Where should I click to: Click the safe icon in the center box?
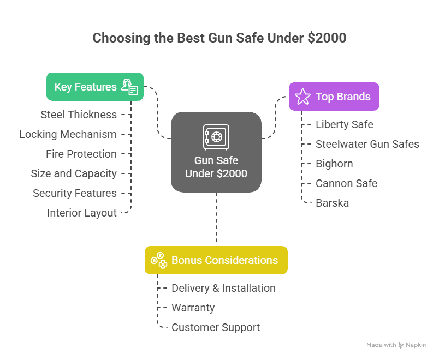point(216,137)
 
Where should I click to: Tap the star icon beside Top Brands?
point(302,97)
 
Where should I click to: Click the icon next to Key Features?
point(129,87)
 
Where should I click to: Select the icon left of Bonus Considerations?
point(159,260)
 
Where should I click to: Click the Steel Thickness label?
point(79,115)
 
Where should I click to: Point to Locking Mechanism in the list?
point(68,135)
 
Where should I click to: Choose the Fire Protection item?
point(81,154)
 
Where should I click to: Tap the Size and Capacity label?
point(74,173)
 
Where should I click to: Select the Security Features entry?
point(75,193)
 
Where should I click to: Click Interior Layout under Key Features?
point(82,213)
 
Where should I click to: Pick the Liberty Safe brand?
point(345,125)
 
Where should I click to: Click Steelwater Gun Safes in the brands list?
point(367,144)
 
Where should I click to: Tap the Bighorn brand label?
point(334,164)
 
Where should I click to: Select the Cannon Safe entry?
point(347,183)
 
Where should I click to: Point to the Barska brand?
point(333,203)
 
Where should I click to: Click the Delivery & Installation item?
point(223,288)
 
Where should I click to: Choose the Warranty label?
point(193,308)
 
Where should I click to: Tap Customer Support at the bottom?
point(216,328)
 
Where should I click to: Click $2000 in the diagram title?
point(327,38)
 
